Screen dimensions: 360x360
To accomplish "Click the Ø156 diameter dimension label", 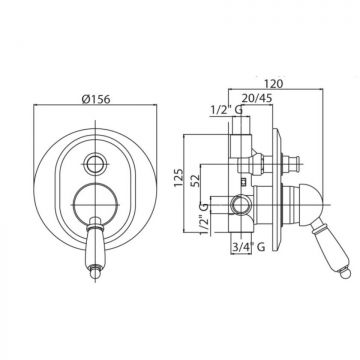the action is click(96, 99).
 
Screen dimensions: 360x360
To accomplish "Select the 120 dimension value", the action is click(274, 83).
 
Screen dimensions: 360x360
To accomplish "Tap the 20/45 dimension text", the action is click(257, 98).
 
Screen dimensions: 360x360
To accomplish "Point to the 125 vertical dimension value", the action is click(179, 178).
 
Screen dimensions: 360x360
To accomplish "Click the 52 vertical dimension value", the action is click(195, 180).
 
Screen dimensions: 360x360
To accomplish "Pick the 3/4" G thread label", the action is click(249, 247).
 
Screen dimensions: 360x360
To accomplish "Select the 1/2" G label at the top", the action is click(227, 110).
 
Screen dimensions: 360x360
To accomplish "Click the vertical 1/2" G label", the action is click(204, 219).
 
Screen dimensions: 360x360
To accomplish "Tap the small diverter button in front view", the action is click(95, 164).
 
